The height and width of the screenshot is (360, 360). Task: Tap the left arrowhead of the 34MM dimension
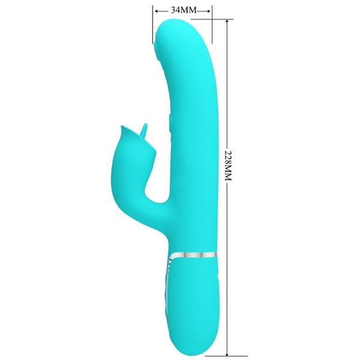[156, 10]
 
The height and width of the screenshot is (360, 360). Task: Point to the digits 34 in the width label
[176, 10]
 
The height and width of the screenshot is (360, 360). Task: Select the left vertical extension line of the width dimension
[152, 27]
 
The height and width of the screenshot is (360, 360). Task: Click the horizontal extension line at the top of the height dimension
[219, 19]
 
